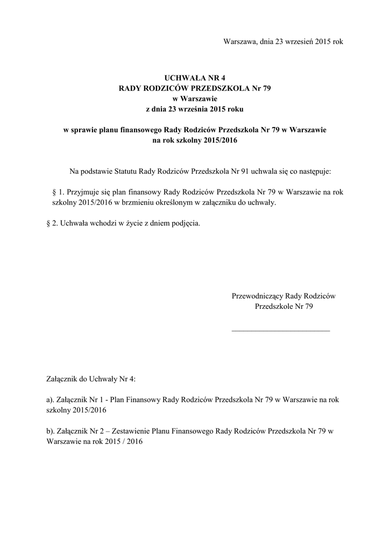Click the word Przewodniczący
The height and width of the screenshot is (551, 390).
pyautogui.click(x=257, y=295)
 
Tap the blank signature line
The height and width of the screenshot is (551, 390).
pyautogui.click(x=280, y=329)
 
